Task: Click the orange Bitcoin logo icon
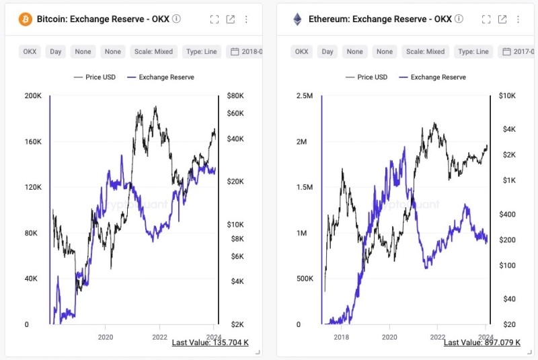25,19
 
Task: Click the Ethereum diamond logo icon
297,19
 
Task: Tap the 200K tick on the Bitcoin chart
33,96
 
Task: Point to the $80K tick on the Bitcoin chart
237,96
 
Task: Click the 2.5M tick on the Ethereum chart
305,96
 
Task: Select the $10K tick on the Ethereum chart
507,96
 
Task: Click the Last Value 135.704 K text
210,343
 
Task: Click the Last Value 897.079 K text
482,343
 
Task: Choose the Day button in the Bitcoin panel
56,51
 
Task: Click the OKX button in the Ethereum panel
302,51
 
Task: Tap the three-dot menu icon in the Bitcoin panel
246,20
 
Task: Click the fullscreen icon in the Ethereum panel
486,20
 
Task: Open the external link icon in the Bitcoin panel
231,20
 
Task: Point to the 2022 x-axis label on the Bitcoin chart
160,337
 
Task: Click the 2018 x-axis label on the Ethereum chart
341,337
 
